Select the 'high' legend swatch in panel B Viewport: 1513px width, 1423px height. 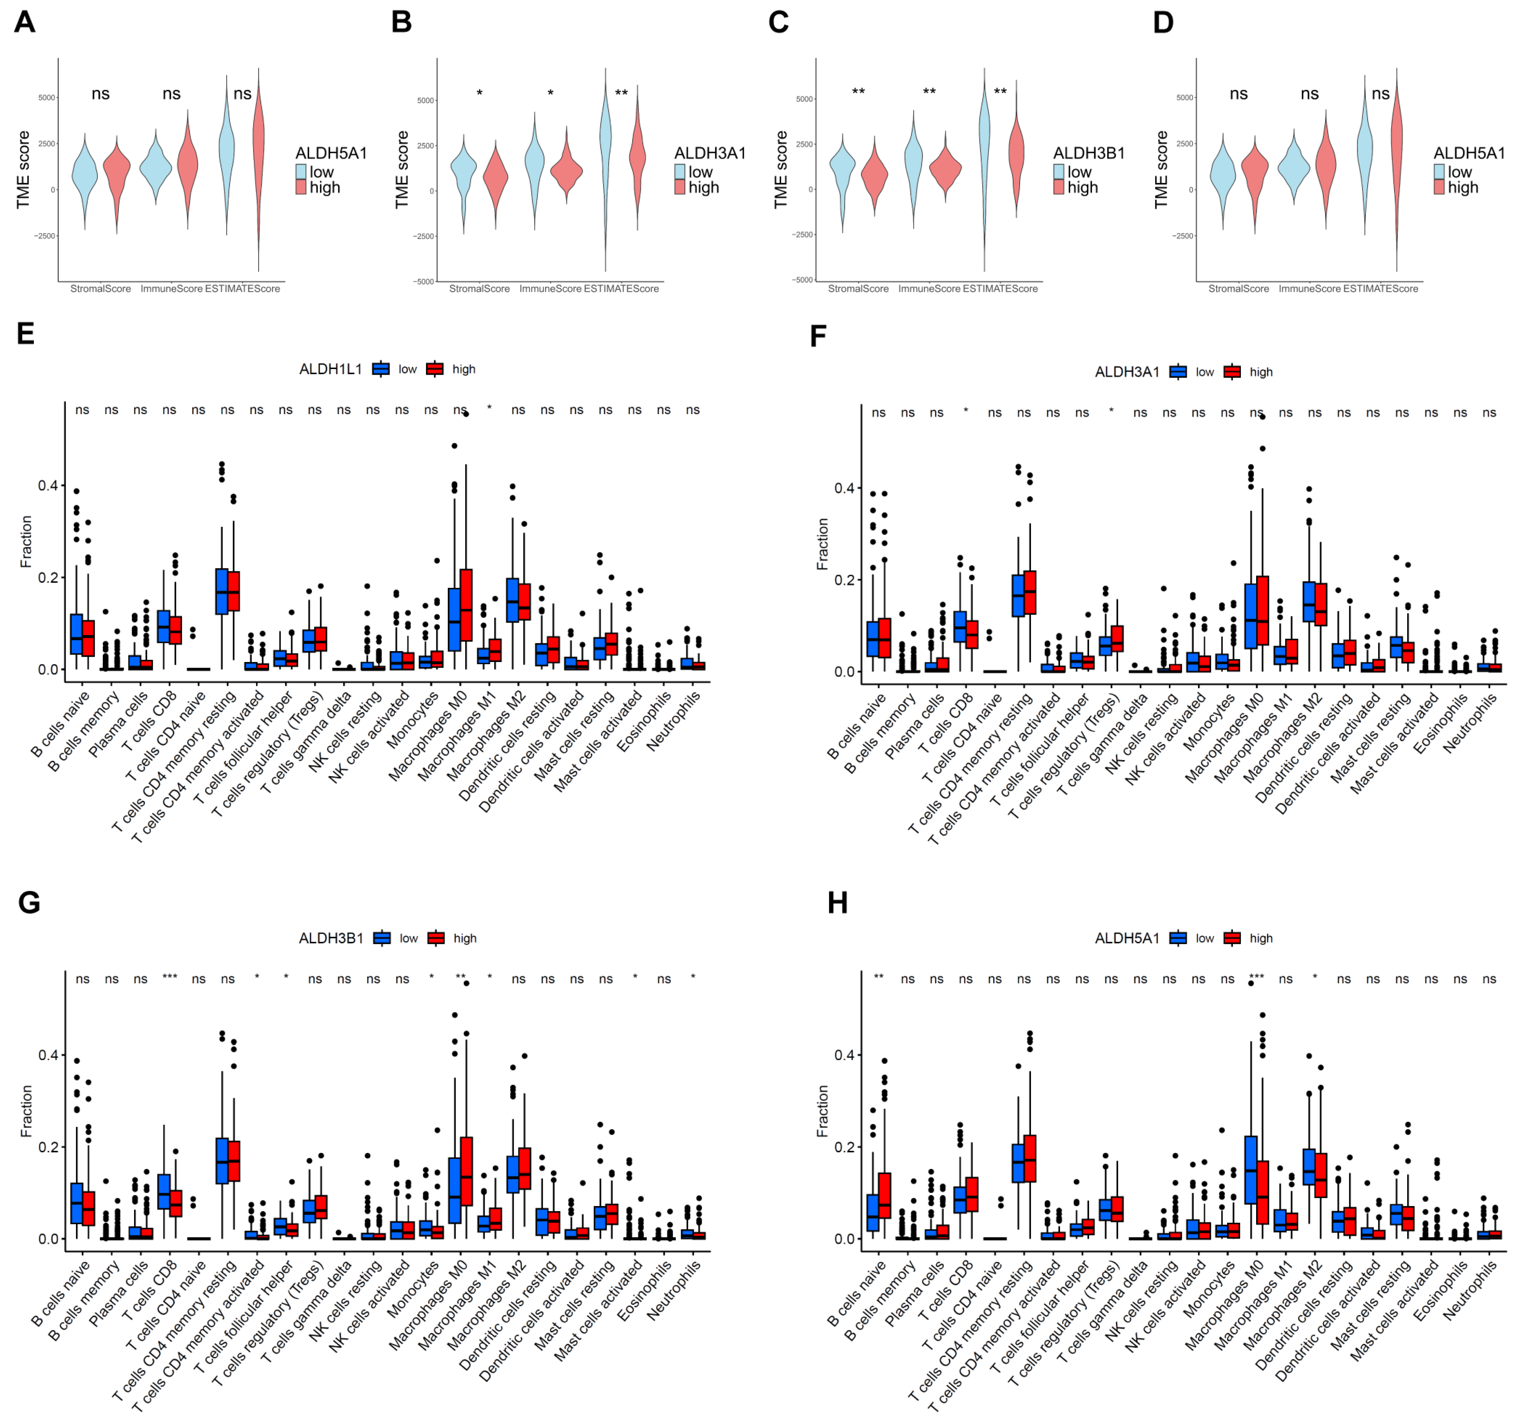[x=679, y=187]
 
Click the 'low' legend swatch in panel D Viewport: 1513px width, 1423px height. [x=1439, y=172]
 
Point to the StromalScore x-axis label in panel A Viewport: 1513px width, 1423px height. [x=101, y=289]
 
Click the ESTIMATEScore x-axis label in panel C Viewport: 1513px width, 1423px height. [x=1000, y=289]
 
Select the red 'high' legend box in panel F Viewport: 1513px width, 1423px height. [x=1232, y=372]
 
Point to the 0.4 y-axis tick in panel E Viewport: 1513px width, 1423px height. [x=48, y=486]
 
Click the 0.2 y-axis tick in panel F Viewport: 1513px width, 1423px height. [x=844, y=580]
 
